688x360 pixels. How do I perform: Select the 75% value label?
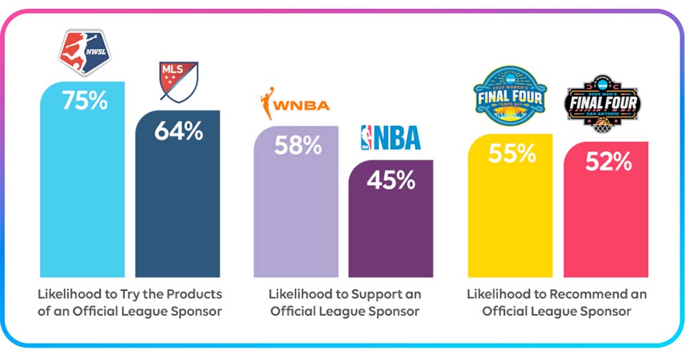point(85,101)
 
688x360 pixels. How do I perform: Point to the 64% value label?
point(178,131)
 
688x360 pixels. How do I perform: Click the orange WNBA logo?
point(294,106)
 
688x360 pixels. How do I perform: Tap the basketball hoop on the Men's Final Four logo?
point(603,124)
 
